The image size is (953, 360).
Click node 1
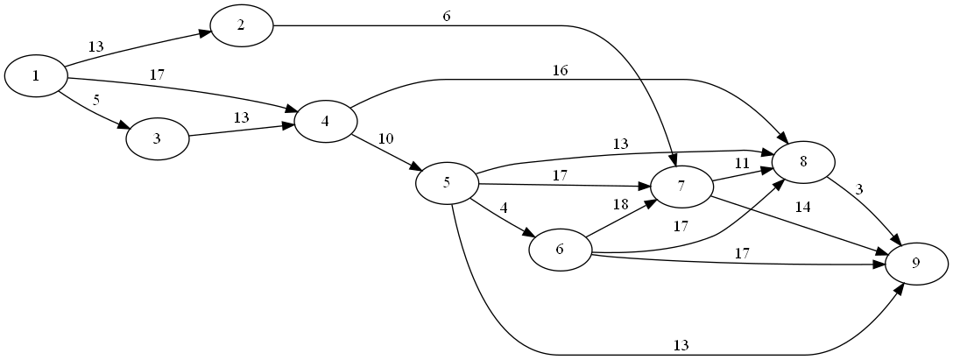pos(36,75)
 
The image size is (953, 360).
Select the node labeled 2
pos(241,25)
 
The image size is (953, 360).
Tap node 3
pos(158,138)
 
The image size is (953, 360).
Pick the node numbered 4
pos(325,121)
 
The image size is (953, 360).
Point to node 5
pos(447,183)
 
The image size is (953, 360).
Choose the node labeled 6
pos(560,250)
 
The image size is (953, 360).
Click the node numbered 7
pos(680,187)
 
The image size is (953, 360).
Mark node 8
pos(803,163)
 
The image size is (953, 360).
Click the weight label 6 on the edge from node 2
pos(447,16)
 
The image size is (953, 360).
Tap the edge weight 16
pos(561,71)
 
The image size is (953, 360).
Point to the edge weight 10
pos(385,138)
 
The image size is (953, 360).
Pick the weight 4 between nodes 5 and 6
pos(504,208)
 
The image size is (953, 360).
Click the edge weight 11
pos(742,162)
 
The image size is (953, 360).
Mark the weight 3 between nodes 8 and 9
pos(860,190)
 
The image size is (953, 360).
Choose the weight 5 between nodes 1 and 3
pos(96,100)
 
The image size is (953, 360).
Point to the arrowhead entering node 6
pos(528,234)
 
